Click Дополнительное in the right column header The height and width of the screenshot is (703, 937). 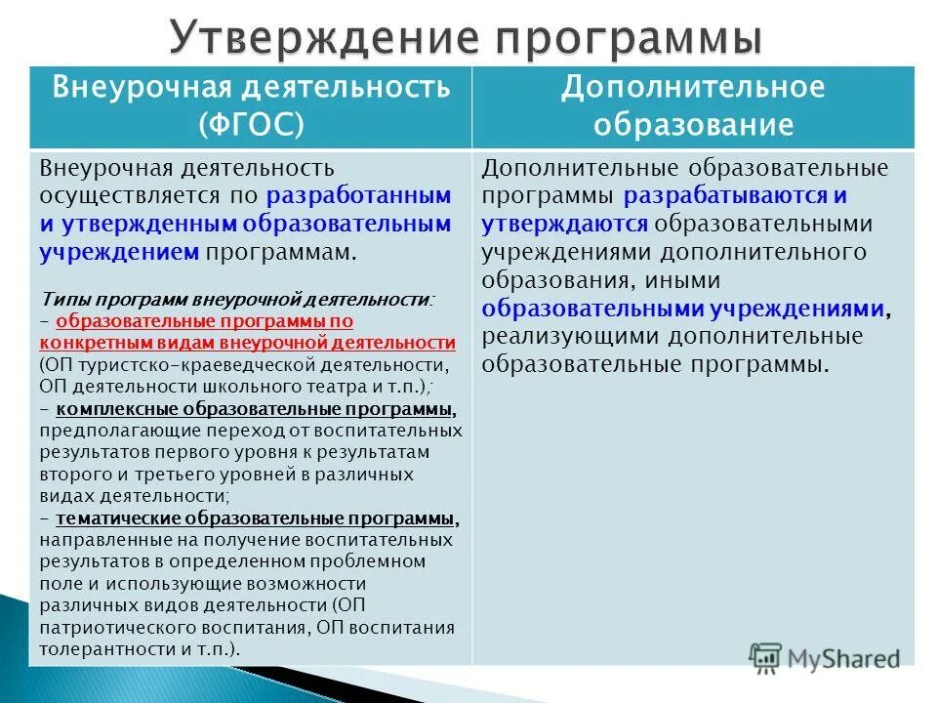[693, 88]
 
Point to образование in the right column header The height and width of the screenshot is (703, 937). [693, 125]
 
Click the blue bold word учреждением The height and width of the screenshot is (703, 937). [120, 252]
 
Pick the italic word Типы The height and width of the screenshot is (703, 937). [64, 300]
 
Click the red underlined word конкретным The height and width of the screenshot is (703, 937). [88, 343]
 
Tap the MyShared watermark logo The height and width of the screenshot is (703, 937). [825, 657]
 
